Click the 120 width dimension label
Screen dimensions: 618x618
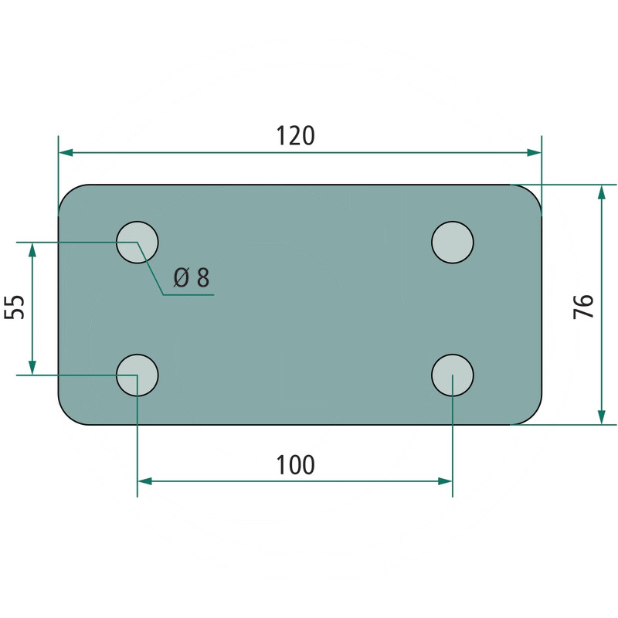coord(295,136)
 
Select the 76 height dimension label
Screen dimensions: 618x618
coord(584,306)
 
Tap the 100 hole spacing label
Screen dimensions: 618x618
coord(295,465)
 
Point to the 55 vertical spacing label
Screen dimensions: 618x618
coord(15,307)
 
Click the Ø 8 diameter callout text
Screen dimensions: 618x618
coord(192,277)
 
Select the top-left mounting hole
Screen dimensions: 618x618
coord(138,242)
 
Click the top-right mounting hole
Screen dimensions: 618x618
coord(453,242)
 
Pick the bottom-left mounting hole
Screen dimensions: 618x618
coord(138,375)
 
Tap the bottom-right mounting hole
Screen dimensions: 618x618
coord(453,375)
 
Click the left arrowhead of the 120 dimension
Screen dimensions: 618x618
coord(66,152)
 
